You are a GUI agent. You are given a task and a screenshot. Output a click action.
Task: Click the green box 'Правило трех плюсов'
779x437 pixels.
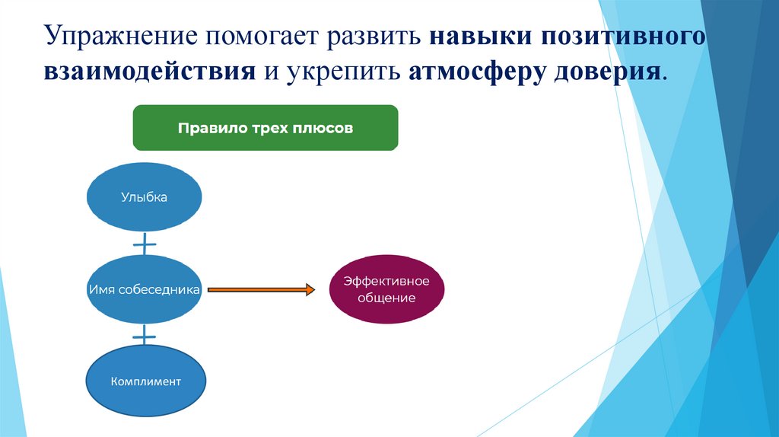coord(265,128)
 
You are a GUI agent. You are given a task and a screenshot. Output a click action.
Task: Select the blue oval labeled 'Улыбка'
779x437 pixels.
coord(144,197)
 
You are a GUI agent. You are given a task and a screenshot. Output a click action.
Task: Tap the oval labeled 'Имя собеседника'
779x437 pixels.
coord(144,290)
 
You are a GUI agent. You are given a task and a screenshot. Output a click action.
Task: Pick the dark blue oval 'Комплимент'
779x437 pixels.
coord(145,381)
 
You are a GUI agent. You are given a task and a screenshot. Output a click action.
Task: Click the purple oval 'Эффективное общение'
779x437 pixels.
coord(386,289)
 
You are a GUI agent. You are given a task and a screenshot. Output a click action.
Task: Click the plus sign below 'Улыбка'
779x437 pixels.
coord(144,244)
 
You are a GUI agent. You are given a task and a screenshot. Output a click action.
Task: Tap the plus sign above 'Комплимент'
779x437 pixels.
coord(144,336)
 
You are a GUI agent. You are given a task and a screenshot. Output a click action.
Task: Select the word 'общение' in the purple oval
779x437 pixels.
coord(386,298)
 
